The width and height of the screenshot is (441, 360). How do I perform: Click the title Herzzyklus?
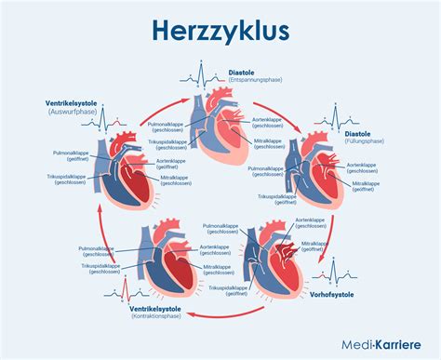[x=220, y=32]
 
